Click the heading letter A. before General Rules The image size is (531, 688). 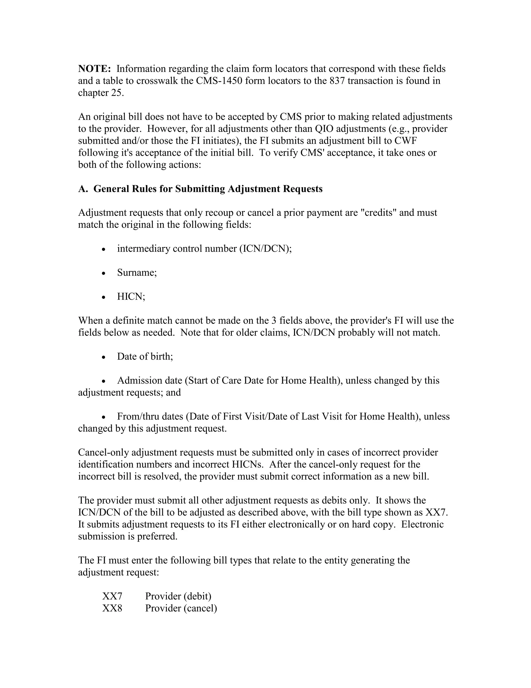point(83,189)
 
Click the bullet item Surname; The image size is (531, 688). point(137,273)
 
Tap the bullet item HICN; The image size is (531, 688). point(131,297)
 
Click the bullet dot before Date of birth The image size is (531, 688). point(104,357)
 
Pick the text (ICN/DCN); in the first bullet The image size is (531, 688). point(265,249)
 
